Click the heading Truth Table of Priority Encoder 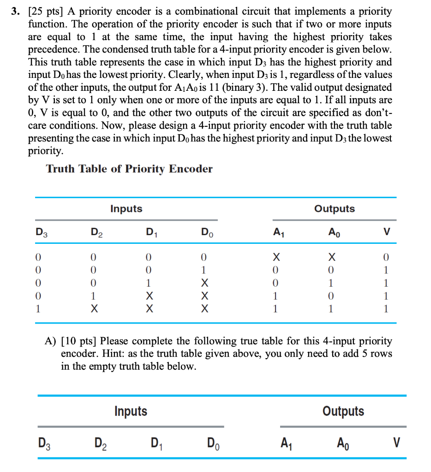coord(129,169)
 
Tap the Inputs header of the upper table coord(126,209)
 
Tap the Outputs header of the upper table coord(335,209)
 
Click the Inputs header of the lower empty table coord(131,411)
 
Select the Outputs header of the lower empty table coord(343,411)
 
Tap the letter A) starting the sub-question coord(51,342)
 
